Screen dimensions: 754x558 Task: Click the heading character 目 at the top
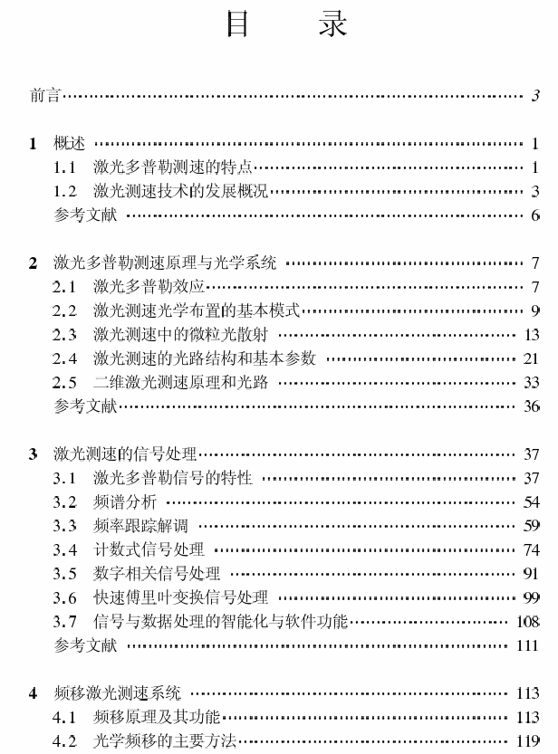point(238,24)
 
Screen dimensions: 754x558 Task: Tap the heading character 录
point(332,24)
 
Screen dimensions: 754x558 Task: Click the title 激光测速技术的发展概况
point(180,191)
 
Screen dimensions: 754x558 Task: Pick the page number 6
point(535,215)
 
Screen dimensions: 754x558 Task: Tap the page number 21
point(532,358)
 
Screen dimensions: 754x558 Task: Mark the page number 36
point(532,406)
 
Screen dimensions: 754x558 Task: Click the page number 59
point(532,526)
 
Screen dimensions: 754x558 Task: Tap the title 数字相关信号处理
point(156,574)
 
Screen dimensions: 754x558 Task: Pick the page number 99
point(532,597)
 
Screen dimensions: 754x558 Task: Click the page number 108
point(527,622)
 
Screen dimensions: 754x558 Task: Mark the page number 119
point(527,741)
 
